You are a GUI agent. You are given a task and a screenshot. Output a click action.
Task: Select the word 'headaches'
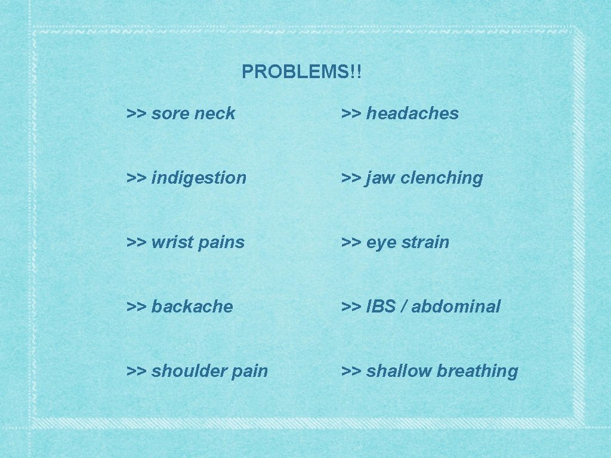pos(412,113)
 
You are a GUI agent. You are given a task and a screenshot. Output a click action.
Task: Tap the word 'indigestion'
pos(199,178)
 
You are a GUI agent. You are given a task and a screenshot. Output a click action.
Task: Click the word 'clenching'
pos(442,178)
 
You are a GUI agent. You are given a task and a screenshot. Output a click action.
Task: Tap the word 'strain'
pos(425,242)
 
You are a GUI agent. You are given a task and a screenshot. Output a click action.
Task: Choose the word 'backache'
pos(192,307)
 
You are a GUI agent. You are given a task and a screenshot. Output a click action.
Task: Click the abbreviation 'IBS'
pos(381,307)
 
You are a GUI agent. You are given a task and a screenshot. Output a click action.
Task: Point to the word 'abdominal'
pos(455,307)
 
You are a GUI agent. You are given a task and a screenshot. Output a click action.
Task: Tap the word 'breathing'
pos(477,371)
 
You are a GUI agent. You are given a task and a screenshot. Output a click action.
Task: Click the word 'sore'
pos(169,113)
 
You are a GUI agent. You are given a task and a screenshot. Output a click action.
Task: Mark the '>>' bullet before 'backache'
pos(137,307)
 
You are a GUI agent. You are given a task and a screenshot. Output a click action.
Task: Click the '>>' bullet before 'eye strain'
pos(351,242)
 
